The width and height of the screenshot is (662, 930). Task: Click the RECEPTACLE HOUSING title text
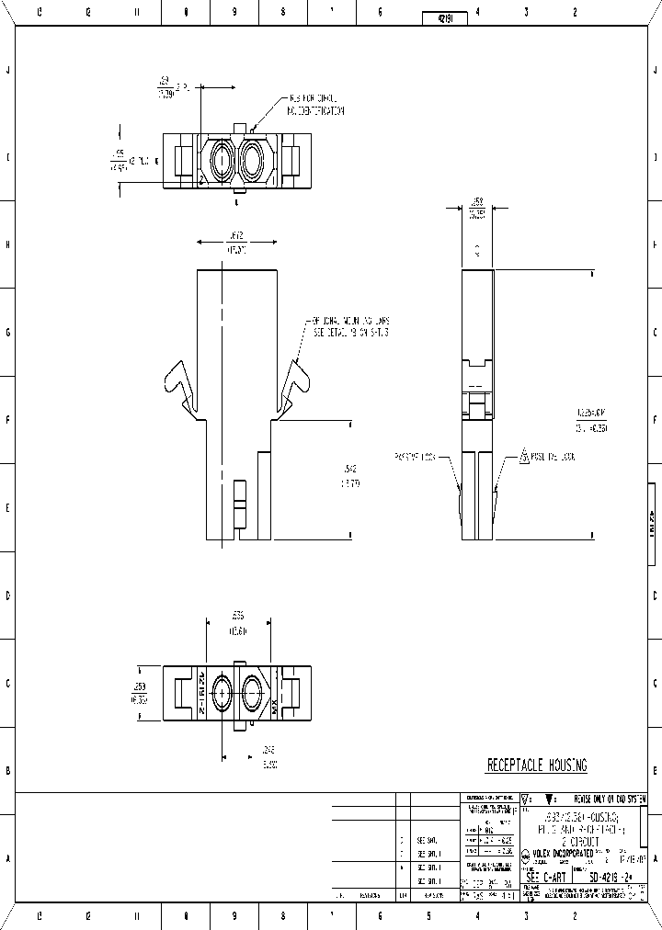pyautogui.click(x=536, y=766)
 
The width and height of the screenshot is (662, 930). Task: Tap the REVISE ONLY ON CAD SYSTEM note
pyautogui.click(x=611, y=799)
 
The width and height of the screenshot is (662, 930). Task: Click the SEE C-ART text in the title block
pyautogui.click(x=548, y=878)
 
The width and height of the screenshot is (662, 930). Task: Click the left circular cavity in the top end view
pyautogui.click(x=222, y=162)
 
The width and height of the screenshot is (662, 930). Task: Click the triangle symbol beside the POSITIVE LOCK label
pyautogui.click(x=523, y=455)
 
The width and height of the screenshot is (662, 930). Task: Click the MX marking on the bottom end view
pyautogui.click(x=274, y=706)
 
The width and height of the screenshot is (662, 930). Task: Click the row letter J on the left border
pyautogui.click(x=8, y=71)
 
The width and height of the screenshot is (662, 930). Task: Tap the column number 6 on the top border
pyautogui.click(x=380, y=13)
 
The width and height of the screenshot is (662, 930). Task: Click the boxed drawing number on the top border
pyautogui.click(x=445, y=17)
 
